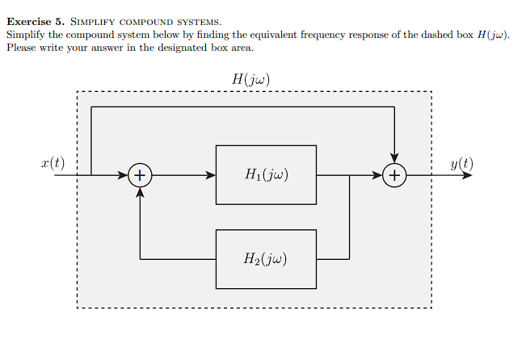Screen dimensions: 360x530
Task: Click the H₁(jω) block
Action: [266, 174]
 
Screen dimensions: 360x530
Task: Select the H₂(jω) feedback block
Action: [266, 259]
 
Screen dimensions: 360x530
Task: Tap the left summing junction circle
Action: [141, 174]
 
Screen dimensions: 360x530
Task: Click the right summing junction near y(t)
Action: [394, 174]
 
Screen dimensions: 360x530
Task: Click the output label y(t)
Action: [462, 164]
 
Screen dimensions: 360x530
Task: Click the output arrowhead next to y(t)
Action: [466, 174]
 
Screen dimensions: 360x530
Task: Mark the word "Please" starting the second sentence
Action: [21, 48]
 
